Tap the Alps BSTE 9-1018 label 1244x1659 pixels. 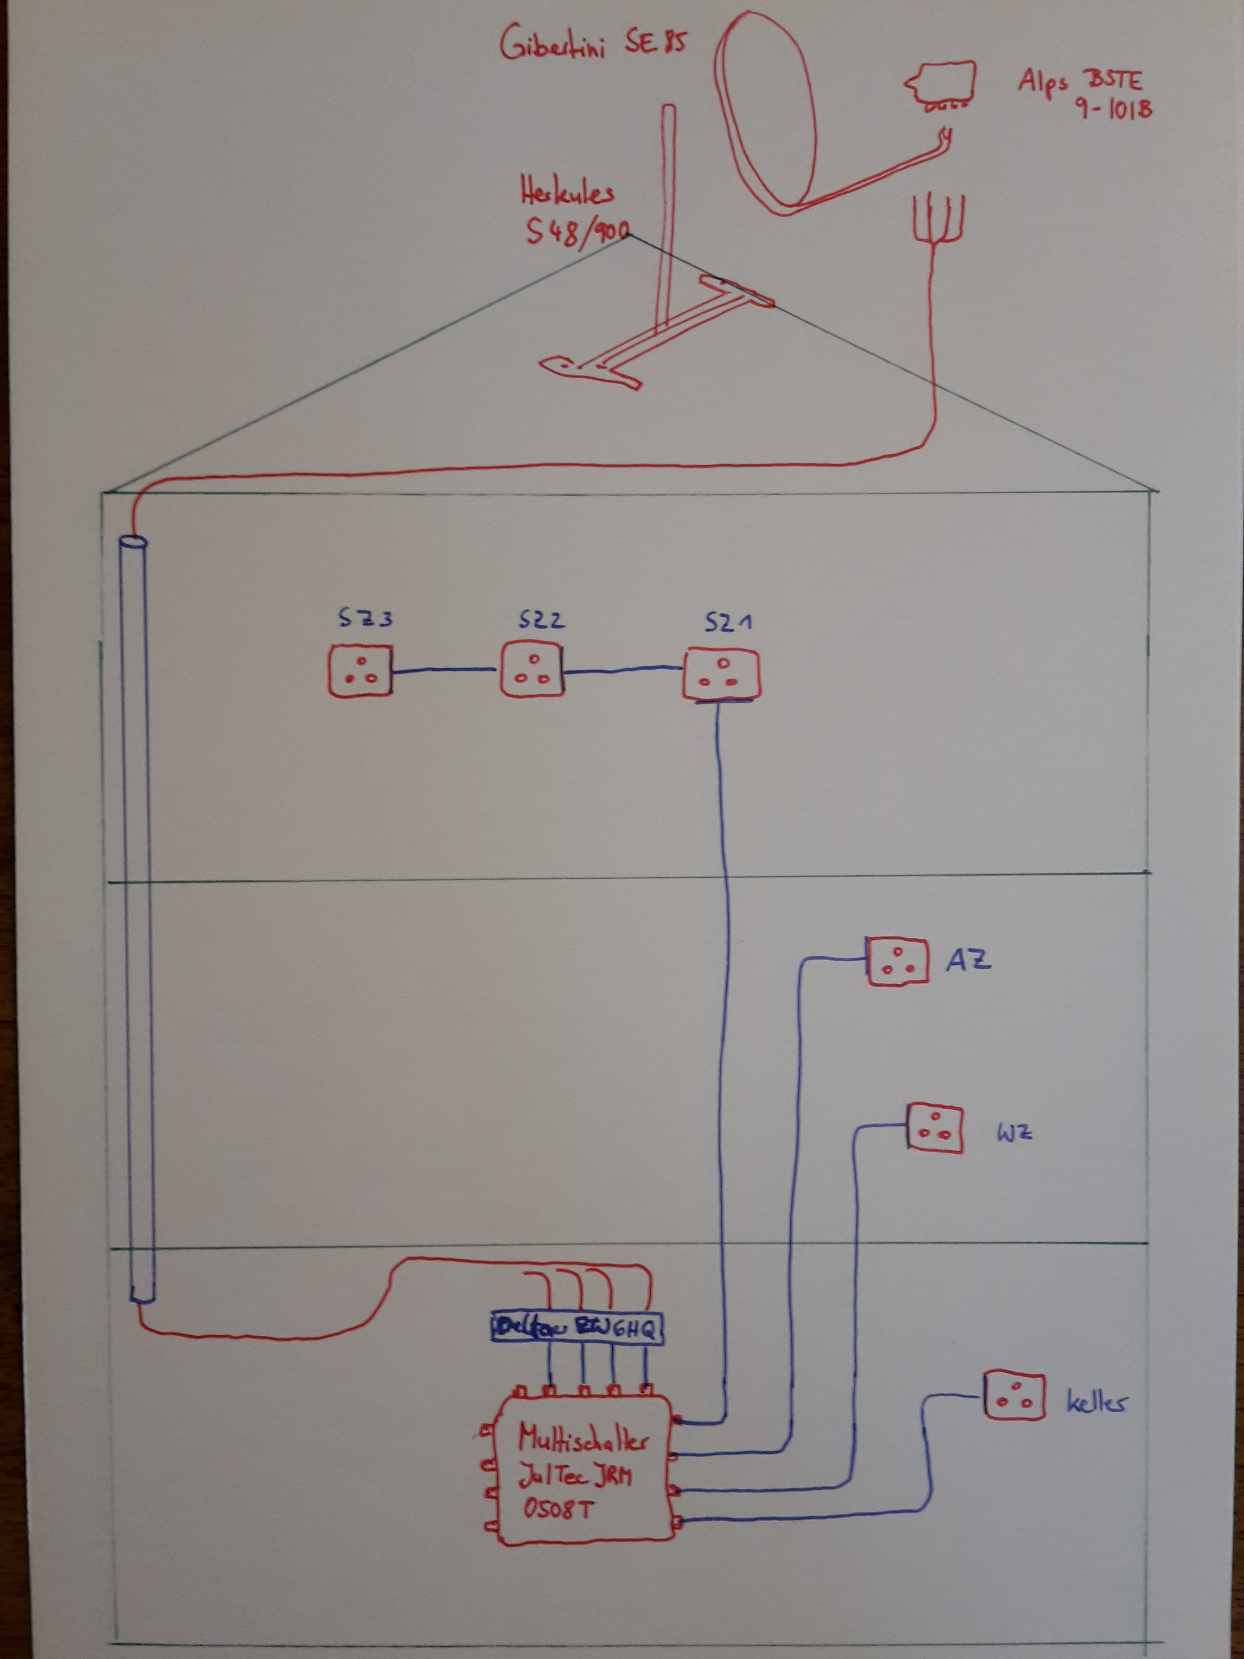pyautogui.click(x=1083, y=94)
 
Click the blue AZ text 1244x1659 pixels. pyautogui.click(x=968, y=960)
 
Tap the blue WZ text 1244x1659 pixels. pyautogui.click(x=1014, y=1132)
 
